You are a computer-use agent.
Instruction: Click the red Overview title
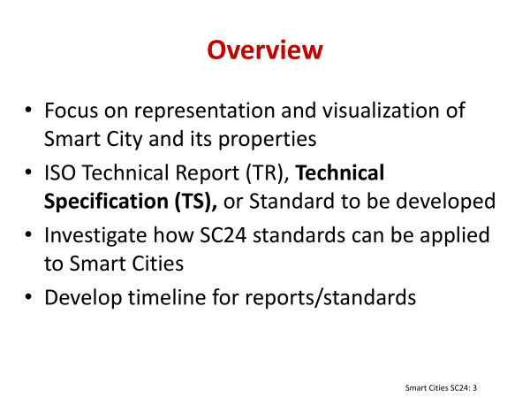point(265,50)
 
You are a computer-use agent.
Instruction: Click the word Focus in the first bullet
point(71,111)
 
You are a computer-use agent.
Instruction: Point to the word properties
point(268,140)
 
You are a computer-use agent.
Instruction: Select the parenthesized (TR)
point(268,173)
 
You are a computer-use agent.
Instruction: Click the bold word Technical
point(340,172)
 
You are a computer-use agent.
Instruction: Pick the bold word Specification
point(106,202)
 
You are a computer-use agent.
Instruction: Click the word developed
point(445,202)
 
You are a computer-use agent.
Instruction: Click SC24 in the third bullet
point(223,235)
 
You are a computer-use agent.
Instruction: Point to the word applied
point(455,236)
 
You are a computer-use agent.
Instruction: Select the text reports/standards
point(330,298)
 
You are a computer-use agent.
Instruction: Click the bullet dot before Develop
point(28,297)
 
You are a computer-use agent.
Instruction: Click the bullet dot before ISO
point(28,172)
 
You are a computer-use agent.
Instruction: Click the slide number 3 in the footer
point(474,388)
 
